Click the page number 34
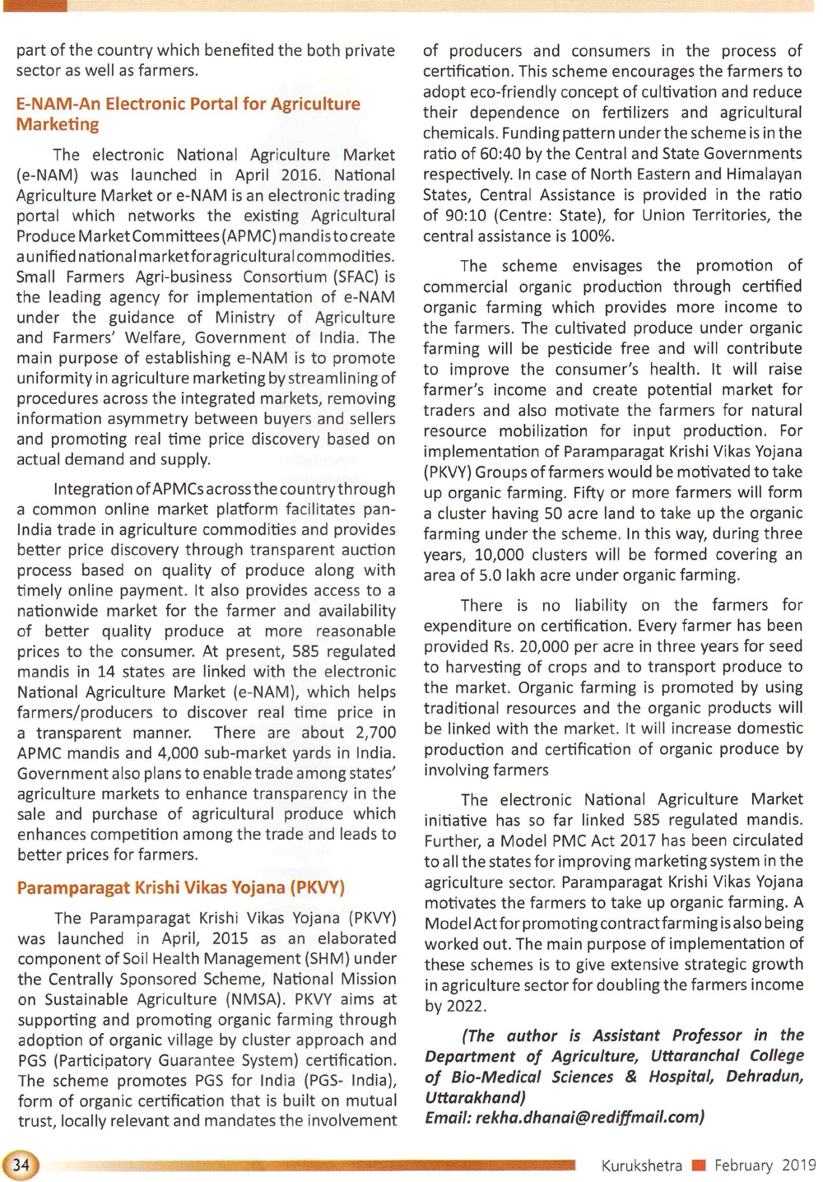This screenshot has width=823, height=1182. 21,1164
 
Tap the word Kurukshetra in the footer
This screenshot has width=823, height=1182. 641,1166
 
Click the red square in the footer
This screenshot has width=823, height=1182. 700,1165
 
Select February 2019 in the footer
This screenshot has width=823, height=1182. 765,1165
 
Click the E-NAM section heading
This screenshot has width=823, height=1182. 188,114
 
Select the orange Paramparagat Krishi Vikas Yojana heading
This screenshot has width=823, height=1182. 181,887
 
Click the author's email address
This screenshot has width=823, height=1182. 589,1117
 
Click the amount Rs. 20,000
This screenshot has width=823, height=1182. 514,646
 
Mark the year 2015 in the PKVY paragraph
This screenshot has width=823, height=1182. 230,938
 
